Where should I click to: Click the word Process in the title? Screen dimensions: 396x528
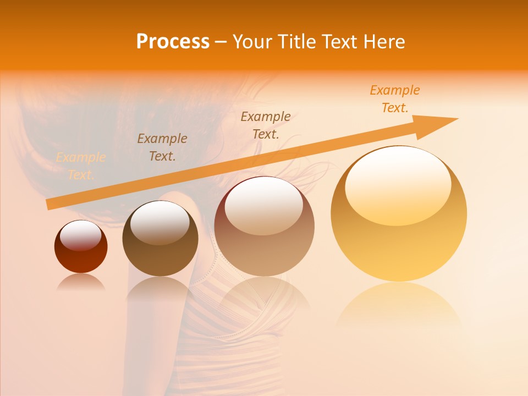[x=173, y=42]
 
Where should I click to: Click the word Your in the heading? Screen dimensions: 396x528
[x=252, y=42]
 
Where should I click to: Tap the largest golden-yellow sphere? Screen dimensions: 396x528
[x=399, y=242]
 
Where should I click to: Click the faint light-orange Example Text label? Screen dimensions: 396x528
[x=81, y=166]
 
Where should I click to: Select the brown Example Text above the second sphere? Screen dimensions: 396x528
[x=162, y=147]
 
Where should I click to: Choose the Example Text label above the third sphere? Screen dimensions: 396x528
[x=266, y=125]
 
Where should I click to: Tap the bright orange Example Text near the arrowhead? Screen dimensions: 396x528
[x=395, y=99]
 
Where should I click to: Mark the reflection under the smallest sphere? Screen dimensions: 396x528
[x=81, y=282]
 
